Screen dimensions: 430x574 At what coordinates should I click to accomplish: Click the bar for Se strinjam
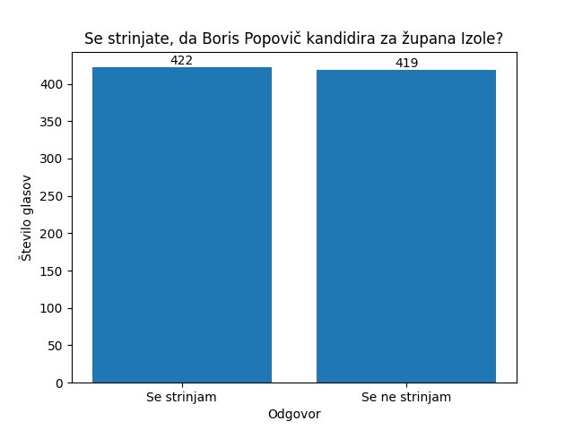click(182, 225)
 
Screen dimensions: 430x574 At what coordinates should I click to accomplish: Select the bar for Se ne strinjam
click(406, 226)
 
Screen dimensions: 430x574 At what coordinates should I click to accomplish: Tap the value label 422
click(182, 61)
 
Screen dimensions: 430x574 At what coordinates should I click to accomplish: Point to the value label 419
click(406, 64)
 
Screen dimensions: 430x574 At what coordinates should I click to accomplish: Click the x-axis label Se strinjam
click(182, 397)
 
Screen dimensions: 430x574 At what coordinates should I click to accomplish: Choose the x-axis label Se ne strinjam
click(406, 397)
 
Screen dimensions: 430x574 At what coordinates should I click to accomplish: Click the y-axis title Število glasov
click(26, 218)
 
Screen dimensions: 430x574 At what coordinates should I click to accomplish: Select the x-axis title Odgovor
click(294, 414)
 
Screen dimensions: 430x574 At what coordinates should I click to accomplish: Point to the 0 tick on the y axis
click(59, 383)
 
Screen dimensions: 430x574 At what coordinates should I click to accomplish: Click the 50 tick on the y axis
click(56, 346)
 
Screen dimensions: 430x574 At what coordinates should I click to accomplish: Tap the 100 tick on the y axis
click(53, 308)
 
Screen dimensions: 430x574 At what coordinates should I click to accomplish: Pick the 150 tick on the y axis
click(53, 271)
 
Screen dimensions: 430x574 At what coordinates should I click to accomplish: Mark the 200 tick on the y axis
click(53, 234)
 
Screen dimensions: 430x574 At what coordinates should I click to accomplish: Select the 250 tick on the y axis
click(53, 196)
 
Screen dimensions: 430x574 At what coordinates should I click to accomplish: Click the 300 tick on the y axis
click(53, 159)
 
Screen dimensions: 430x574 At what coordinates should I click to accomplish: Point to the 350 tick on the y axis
click(53, 122)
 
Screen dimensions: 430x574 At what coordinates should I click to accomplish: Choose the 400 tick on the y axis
click(53, 84)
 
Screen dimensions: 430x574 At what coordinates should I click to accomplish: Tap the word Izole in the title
click(482, 39)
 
